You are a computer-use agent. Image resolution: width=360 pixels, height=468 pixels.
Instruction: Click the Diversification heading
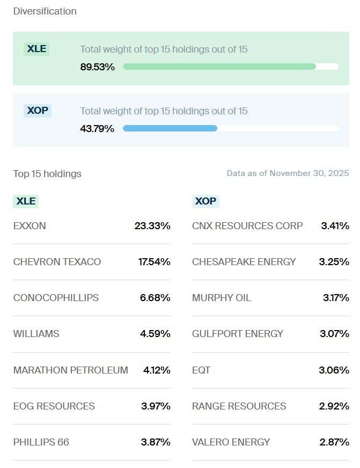45,11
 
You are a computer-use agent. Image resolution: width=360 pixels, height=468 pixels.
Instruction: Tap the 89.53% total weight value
97,67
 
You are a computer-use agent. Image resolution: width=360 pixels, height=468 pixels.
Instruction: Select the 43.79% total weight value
97,129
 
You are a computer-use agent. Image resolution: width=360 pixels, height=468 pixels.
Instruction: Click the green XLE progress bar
219,67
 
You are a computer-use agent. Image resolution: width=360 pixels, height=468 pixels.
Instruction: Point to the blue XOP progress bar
170,128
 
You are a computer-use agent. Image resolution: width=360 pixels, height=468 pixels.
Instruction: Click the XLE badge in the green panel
36,49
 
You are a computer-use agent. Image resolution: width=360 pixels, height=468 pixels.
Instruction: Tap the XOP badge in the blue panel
37,111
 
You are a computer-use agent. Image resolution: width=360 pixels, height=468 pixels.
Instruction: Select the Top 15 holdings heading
47,174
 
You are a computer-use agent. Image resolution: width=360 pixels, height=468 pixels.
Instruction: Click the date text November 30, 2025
309,173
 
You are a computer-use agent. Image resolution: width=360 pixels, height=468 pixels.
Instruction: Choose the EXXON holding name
30,226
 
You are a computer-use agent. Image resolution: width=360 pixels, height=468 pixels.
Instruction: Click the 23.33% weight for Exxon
152,226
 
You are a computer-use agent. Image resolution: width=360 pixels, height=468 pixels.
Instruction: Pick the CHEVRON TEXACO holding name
57,262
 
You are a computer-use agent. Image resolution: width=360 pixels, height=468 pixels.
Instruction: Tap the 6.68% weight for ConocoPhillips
155,298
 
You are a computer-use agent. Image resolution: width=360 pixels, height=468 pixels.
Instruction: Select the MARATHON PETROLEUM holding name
70,370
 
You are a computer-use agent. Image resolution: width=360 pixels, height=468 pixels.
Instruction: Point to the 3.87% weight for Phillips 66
156,442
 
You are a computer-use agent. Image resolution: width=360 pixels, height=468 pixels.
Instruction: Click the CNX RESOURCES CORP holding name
247,226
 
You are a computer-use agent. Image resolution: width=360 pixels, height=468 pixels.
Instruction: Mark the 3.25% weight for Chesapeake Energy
335,262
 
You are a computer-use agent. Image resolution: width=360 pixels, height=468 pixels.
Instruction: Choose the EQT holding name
201,370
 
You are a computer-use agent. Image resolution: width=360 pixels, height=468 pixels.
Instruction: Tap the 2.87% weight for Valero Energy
334,442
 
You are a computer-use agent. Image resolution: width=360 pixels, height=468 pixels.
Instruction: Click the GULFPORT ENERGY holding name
237,334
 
